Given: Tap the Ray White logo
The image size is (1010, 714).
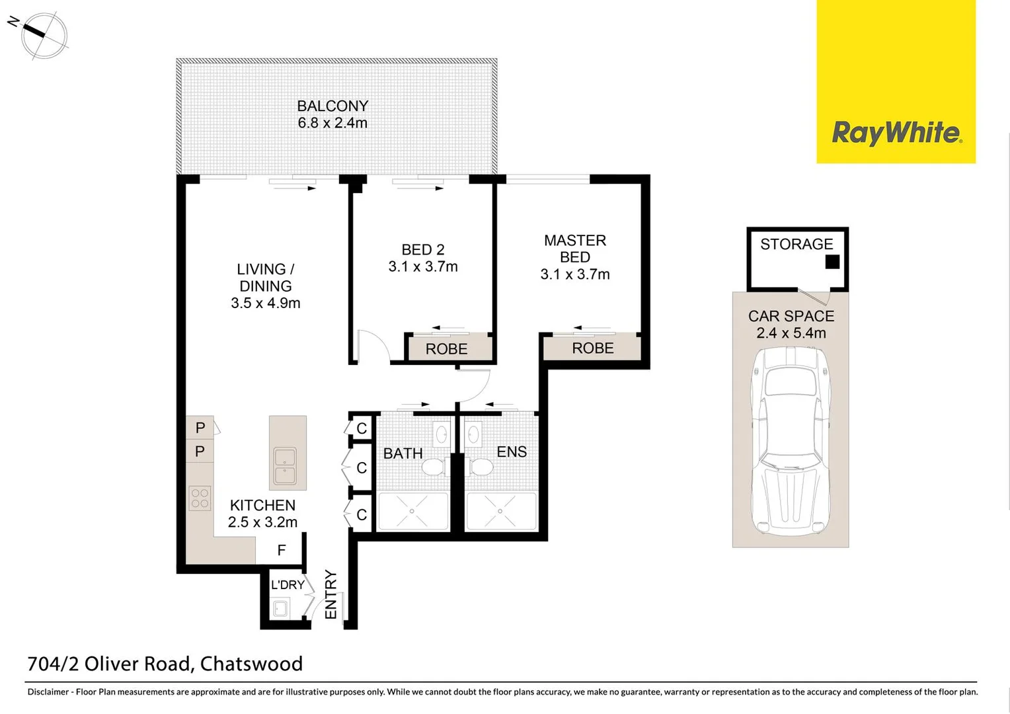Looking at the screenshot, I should tap(896, 132).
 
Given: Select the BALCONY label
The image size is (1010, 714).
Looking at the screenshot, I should tap(332, 106).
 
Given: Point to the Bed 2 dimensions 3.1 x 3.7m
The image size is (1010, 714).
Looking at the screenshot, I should tap(423, 267).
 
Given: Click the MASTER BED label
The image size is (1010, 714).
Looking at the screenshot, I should tap(575, 249).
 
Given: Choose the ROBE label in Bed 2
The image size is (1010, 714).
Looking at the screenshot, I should tap(447, 349).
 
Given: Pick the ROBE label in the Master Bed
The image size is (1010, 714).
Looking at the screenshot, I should tap(593, 348).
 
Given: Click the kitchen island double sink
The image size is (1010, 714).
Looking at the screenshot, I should tap(288, 465).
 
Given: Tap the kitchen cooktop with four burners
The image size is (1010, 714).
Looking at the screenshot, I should tap(200, 498).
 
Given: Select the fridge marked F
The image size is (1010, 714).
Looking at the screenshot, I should tap(282, 550).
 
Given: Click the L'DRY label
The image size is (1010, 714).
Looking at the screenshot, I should tap(288, 584).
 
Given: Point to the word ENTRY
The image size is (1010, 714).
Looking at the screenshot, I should tap(331, 595).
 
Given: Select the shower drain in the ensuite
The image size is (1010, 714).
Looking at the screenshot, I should tap(500, 511).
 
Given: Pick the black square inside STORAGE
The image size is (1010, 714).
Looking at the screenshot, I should tap(832, 262).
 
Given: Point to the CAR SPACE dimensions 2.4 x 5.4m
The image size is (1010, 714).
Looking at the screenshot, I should tap(791, 333).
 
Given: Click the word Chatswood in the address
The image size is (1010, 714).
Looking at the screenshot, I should tap(251, 664).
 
